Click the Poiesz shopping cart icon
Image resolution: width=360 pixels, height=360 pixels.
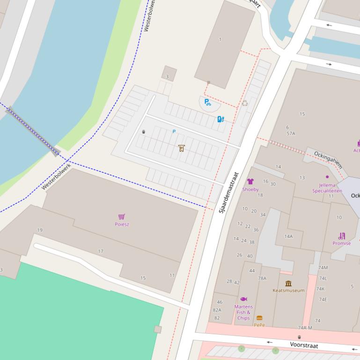[122, 216]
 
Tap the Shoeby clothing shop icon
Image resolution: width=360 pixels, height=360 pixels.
[250, 181]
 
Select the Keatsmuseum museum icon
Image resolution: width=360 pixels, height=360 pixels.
[288, 283]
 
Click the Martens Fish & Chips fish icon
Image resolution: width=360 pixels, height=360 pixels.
[243, 299]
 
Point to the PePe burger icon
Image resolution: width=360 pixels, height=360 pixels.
[259, 318]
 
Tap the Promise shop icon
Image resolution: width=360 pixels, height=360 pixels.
[342, 236]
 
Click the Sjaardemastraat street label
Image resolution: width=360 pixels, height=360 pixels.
[229, 193]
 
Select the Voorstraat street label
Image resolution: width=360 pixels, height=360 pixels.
[304, 345]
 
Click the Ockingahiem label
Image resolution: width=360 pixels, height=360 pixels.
[328, 159]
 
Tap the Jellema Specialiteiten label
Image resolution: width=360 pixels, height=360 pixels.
[327, 188]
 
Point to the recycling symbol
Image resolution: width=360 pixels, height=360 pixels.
[244, 103]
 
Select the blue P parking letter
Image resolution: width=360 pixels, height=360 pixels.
[174, 132]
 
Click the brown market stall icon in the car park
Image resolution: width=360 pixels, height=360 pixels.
[181, 148]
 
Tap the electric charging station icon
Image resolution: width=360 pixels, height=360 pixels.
[220, 119]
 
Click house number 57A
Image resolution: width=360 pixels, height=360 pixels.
[291, 133]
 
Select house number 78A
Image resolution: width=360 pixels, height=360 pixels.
[262, 278]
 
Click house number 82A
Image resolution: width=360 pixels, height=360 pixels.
[217, 310]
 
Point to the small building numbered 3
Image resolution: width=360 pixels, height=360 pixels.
[169, 73]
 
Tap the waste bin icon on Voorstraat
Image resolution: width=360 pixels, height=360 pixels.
[299, 337]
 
